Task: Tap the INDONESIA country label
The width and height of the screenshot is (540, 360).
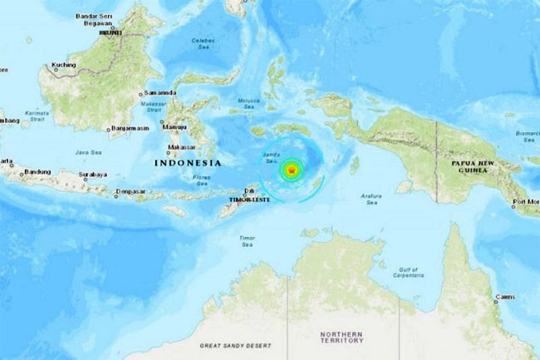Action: (x=189, y=164)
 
